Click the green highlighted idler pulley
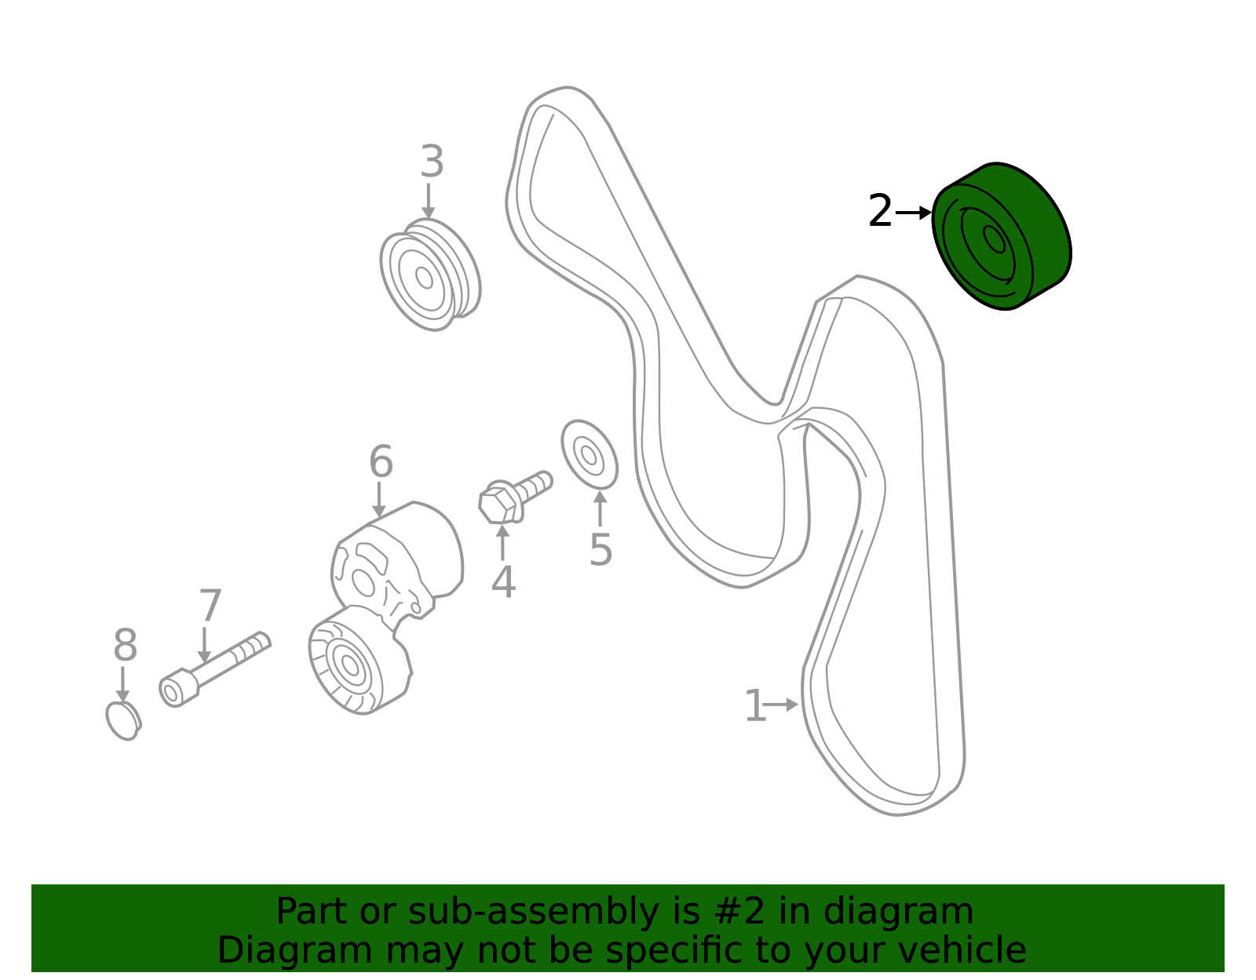(1001, 236)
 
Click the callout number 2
(880, 211)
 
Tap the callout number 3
(432, 161)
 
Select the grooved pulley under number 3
(431, 275)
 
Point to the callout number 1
(755, 705)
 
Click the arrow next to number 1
(781, 705)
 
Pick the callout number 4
(503, 583)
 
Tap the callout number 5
(600, 550)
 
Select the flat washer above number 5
(590, 454)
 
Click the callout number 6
(381, 461)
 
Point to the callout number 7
(210, 606)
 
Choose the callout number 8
(125, 646)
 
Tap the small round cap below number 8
(123, 721)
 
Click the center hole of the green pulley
(994, 239)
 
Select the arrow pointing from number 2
(914, 213)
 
